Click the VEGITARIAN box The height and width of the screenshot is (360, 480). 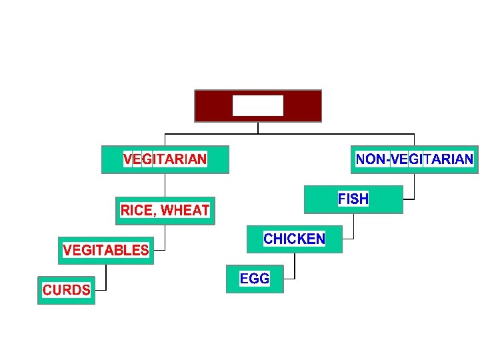point(165,159)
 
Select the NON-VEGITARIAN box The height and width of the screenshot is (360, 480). point(415,159)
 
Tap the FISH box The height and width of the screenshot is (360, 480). point(353,199)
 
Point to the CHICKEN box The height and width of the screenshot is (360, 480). point(294,239)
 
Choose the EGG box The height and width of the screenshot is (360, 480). point(254,279)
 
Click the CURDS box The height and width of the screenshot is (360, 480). point(66,290)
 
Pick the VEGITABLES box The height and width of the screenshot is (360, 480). point(105,251)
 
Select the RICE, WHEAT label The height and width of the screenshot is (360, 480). point(165,211)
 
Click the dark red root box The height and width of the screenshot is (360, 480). point(257,106)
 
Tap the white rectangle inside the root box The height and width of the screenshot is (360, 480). point(257,105)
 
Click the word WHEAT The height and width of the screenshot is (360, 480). point(185,211)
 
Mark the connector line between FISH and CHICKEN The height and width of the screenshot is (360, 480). point(353,227)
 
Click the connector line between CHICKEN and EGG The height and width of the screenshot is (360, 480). point(294,266)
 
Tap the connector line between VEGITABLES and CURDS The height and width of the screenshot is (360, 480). point(105,277)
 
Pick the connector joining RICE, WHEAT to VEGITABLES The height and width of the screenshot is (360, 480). point(165,237)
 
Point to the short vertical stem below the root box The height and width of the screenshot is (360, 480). point(257,127)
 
